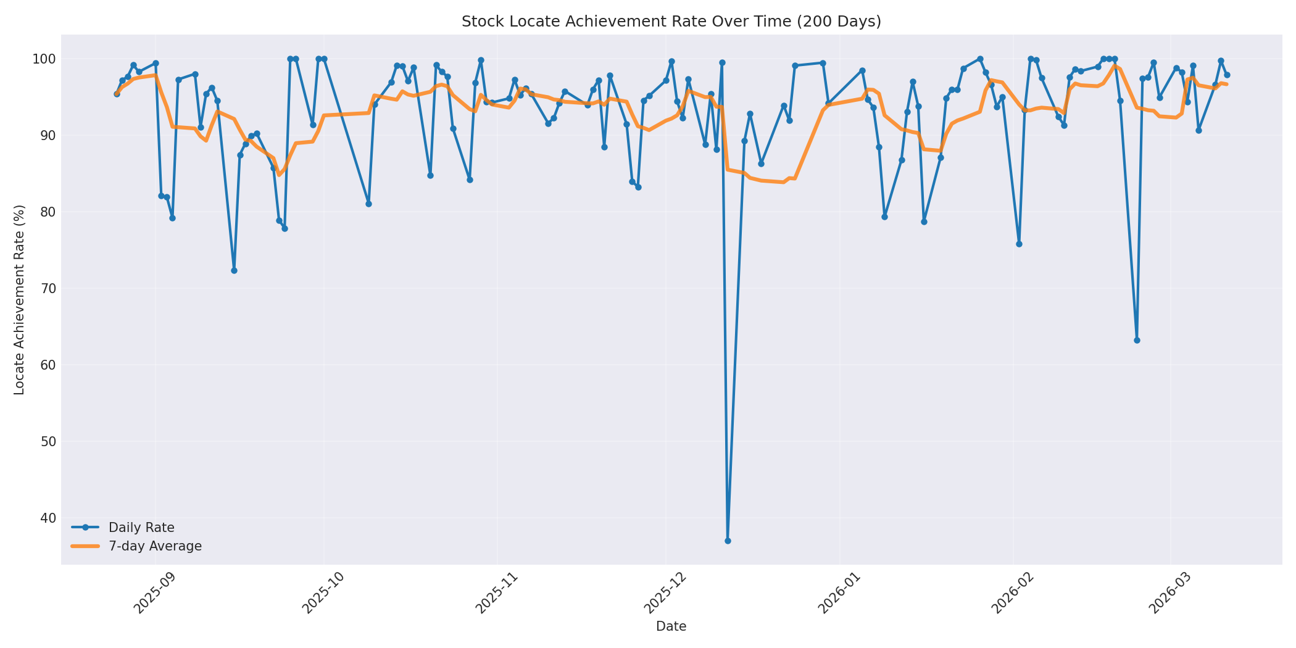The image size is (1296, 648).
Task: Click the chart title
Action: pos(671,22)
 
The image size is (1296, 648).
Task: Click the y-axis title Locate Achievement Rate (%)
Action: pos(19,300)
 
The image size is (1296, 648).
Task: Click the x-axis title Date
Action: pos(671,626)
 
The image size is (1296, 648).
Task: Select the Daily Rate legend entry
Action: pos(141,528)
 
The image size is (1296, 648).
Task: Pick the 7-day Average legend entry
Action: pos(154,546)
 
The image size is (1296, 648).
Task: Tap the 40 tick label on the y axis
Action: pos(48,518)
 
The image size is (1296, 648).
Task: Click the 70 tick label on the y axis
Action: pos(48,288)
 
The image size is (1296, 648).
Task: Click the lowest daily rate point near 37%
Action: pos(728,541)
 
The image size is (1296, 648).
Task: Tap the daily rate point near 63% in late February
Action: pos(1137,340)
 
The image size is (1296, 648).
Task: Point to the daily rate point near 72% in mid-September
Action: pos(234,270)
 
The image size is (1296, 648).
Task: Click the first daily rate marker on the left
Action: pos(117,94)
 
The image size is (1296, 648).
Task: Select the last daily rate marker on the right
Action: pos(1227,75)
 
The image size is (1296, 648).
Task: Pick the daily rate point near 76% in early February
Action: pos(1019,244)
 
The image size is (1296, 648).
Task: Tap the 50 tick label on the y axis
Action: pos(48,441)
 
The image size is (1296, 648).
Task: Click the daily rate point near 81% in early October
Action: pos(368,204)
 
